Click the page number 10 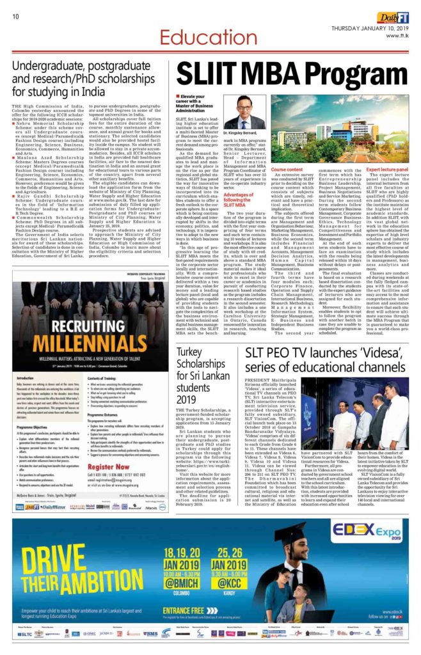tap(15, 17)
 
